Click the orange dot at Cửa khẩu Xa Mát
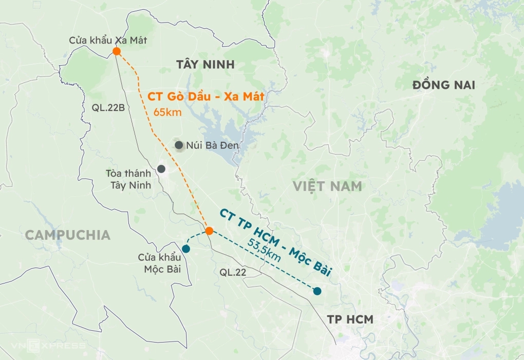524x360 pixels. (x=117, y=51)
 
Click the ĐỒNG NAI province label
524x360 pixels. (x=444, y=85)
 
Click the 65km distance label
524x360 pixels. (x=167, y=111)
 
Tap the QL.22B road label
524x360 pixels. (x=105, y=107)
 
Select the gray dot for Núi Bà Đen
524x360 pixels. (x=179, y=145)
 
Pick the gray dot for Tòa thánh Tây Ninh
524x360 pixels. (x=161, y=168)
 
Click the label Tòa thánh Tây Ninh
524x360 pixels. (x=128, y=179)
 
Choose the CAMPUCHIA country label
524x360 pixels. (x=67, y=235)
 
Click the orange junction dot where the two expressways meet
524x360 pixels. (x=209, y=231)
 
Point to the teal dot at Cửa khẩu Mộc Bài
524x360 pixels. (x=186, y=249)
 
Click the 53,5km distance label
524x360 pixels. (x=264, y=250)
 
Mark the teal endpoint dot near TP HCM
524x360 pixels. (x=317, y=291)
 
